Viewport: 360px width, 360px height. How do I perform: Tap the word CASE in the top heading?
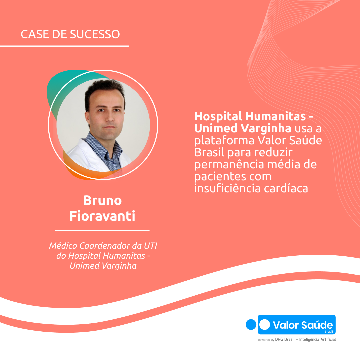click(x=32, y=34)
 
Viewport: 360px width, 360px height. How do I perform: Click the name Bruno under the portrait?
click(x=102, y=201)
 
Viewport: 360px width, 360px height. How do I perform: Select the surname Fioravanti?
click(x=102, y=216)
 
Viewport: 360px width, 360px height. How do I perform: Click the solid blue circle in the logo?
click(x=250, y=325)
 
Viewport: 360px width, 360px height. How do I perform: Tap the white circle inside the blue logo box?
click(x=265, y=325)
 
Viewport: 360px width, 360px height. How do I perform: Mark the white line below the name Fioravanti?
click(x=102, y=230)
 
